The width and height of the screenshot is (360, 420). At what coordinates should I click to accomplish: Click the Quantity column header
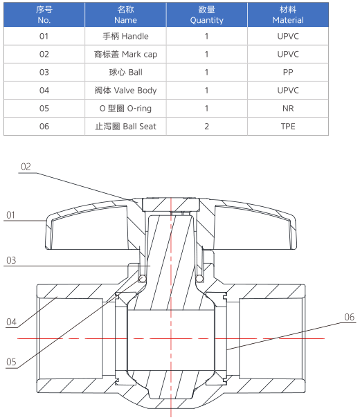[x=206, y=15]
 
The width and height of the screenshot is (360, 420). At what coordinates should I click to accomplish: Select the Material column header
[x=288, y=15]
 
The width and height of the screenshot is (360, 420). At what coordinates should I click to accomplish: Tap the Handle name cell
[x=125, y=36]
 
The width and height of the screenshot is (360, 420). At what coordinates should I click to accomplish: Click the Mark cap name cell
[x=125, y=54]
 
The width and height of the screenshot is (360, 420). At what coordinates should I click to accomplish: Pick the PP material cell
[x=288, y=73]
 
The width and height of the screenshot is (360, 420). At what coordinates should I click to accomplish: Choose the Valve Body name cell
[x=125, y=90]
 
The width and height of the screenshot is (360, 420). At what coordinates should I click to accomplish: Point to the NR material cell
[x=288, y=108]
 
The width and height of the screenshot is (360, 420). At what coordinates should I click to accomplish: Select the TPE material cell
[x=288, y=126]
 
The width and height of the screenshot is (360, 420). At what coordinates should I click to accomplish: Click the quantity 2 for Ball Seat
[x=206, y=126]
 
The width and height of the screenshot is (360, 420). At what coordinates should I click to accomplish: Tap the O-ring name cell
[x=125, y=108]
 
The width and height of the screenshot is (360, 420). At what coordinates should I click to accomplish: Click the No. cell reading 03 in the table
[x=44, y=73]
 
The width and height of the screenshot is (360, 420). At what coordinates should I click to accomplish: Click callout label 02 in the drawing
[x=26, y=167]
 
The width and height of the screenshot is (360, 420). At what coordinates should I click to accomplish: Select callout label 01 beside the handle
[x=10, y=214]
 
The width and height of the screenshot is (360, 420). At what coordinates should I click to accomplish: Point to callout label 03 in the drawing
[x=11, y=260]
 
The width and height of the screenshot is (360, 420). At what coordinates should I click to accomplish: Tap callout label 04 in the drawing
[x=11, y=322]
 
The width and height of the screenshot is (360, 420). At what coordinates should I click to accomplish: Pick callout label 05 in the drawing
[x=11, y=362]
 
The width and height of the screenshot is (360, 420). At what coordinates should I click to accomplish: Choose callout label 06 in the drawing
[x=350, y=317]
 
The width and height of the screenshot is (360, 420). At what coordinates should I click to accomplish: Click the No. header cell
[x=44, y=15]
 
